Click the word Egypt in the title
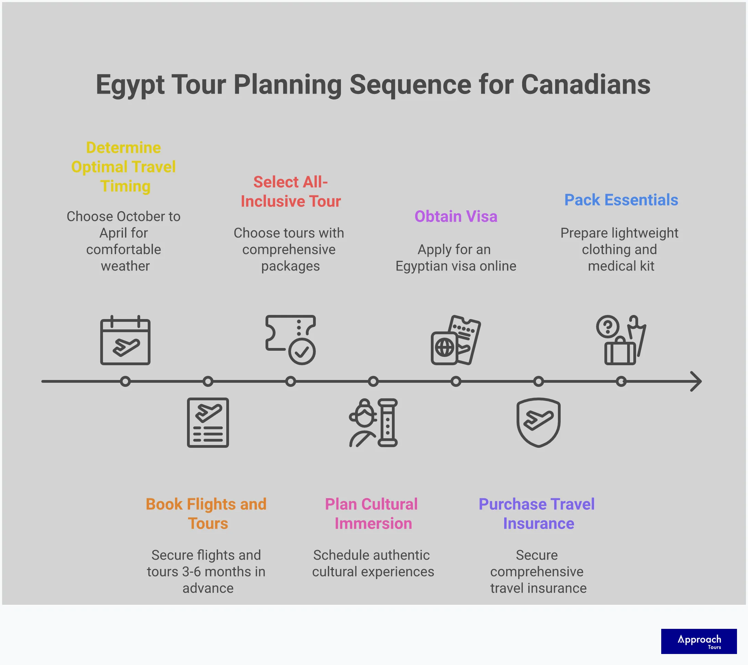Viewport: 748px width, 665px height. (x=130, y=85)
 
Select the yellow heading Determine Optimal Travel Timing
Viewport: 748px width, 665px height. (x=124, y=167)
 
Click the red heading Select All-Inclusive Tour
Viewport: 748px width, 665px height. (x=291, y=191)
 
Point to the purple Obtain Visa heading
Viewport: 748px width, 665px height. (x=456, y=216)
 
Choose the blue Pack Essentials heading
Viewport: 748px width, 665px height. (x=621, y=200)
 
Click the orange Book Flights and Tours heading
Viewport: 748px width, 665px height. (x=206, y=513)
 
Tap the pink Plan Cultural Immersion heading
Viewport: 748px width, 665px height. (x=372, y=513)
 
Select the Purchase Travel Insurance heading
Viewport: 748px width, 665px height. (x=537, y=513)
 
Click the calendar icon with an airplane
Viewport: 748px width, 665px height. (x=125, y=340)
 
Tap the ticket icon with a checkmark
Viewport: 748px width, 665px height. (x=291, y=340)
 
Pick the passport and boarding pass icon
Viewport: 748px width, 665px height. (x=456, y=340)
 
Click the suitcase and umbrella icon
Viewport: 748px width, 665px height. (x=621, y=340)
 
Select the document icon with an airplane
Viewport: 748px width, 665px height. (x=208, y=422)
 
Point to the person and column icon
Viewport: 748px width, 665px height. (x=373, y=422)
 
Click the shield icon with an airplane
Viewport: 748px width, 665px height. (x=538, y=422)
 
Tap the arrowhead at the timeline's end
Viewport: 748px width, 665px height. (x=696, y=381)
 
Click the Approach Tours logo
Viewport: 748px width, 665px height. (x=699, y=641)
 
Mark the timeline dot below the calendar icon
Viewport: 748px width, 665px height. (x=125, y=381)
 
